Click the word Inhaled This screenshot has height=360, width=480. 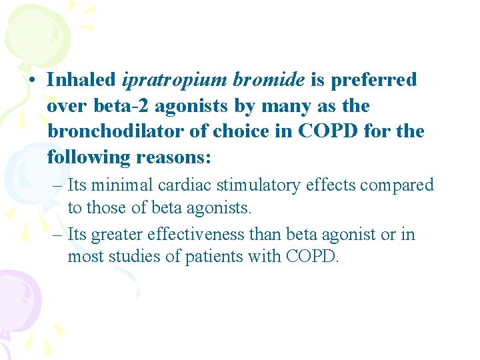point(81,80)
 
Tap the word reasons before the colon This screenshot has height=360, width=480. point(173,157)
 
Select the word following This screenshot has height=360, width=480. point(89,157)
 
